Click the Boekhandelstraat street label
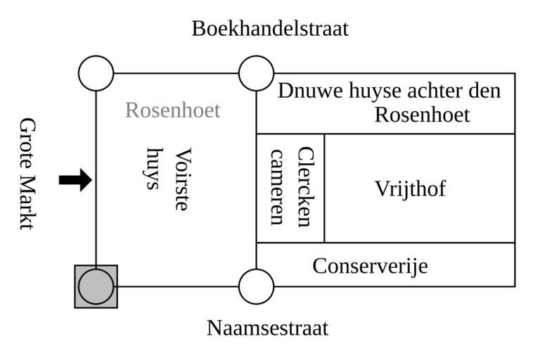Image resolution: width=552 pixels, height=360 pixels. tap(270, 29)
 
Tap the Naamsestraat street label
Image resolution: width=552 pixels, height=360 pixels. tap(267, 328)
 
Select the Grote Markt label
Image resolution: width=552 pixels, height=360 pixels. tap(27, 174)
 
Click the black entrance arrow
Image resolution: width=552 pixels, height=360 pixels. tap(75, 180)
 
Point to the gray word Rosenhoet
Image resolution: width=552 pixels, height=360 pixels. tap(172, 110)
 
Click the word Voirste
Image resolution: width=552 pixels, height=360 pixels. tap(182, 179)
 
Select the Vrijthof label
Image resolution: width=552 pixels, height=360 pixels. tap(410, 189)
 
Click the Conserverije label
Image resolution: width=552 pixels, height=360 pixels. tap(370, 266)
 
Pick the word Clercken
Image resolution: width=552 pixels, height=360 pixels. tap(304, 186)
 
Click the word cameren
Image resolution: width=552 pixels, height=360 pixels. tap(277, 186)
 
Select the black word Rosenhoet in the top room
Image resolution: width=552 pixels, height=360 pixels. tap(422, 114)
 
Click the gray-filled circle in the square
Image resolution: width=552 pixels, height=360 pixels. tap(96, 287)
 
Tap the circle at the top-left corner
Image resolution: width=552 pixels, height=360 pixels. tap(96, 73)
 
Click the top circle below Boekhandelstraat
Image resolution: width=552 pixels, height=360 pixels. tap(256, 73)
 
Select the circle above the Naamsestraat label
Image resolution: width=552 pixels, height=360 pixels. tap(256, 287)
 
